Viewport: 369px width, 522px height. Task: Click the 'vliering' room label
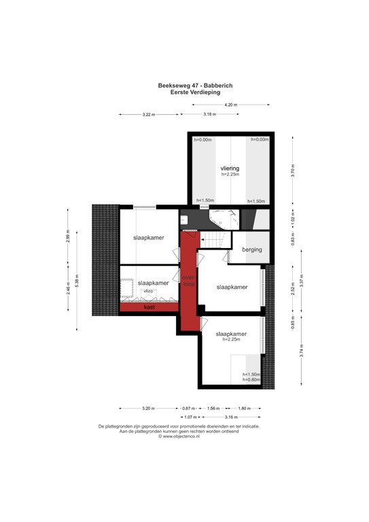click(230, 167)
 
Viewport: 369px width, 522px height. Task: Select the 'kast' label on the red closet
click(149, 307)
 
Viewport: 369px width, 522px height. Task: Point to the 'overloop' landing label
click(189, 281)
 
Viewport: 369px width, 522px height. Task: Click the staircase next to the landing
click(213, 241)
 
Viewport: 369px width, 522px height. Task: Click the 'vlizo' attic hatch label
click(147, 291)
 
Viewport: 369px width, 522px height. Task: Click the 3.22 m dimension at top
click(150, 115)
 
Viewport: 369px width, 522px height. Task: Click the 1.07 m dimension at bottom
click(190, 417)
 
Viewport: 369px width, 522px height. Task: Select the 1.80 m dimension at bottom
click(245, 408)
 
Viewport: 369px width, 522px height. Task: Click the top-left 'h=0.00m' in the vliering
click(201, 139)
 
